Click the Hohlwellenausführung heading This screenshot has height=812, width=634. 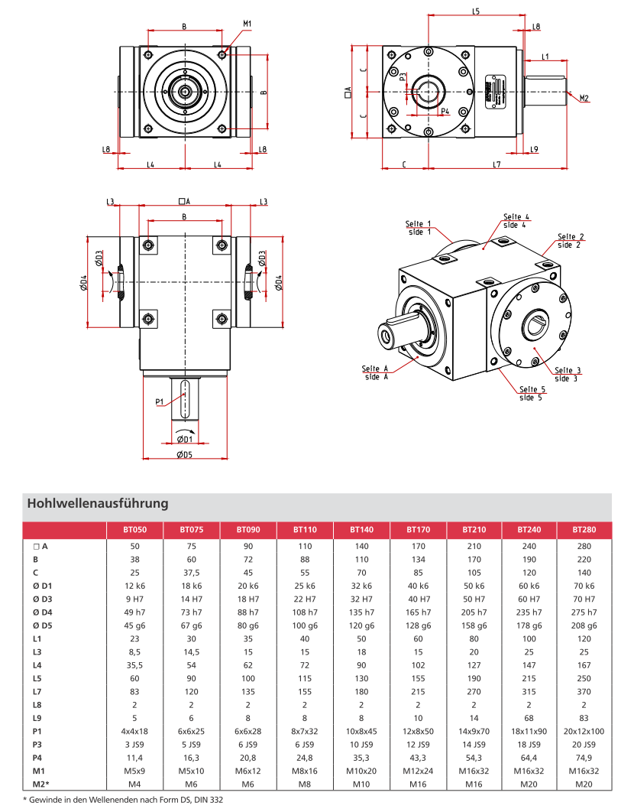[x=97, y=504]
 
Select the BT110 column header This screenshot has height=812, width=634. [x=305, y=529]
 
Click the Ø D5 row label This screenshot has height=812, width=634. [x=44, y=626]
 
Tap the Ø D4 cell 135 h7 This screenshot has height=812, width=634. [x=361, y=612]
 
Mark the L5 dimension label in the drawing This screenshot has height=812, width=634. [x=476, y=12]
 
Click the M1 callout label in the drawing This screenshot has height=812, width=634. [x=247, y=24]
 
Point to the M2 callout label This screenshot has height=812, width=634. [x=584, y=98]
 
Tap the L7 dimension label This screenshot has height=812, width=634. [x=496, y=164]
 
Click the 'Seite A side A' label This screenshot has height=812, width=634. [x=377, y=372]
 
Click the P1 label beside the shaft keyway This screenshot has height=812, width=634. [x=160, y=401]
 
